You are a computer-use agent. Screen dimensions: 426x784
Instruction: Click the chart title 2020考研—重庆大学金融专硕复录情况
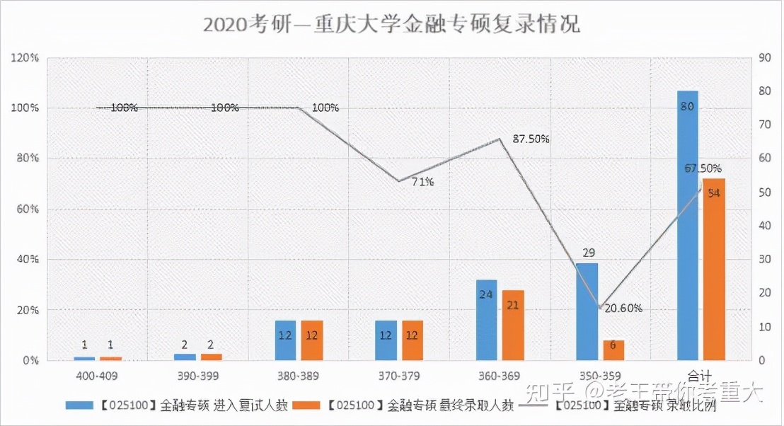click(391, 24)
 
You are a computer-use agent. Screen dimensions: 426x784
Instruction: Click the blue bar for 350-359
click(587, 311)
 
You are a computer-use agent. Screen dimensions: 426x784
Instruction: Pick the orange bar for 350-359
click(613, 350)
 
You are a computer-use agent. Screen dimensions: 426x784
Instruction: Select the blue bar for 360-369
click(486, 320)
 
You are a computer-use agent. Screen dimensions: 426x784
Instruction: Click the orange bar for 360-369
click(513, 325)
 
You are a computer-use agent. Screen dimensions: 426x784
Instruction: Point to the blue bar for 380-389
click(285, 340)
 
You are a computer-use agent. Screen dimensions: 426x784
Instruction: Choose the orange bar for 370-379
click(413, 340)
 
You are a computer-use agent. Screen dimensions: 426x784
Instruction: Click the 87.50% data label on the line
click(531, 139)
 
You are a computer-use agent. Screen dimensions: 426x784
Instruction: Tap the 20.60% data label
click(623, 308)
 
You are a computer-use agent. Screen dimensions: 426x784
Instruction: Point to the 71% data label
click(422, 182)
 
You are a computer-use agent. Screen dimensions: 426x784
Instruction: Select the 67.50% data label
click(703, 168)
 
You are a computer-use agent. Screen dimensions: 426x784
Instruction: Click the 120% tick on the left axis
click(25, 58)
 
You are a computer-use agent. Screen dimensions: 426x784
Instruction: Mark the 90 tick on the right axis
click(763, 58)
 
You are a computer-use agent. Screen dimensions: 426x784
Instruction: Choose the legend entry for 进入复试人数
click(177, 406)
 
